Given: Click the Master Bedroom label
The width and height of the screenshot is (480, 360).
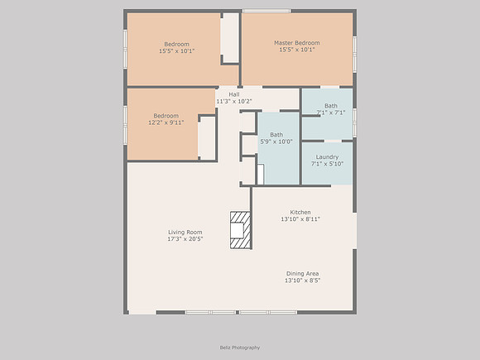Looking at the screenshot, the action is pos(296,43).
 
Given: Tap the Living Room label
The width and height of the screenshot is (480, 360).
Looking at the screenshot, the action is pos(185,232).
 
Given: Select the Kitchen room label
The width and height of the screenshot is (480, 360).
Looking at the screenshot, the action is pos(300,212).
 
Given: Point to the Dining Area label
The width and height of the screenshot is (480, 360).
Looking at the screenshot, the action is pos(302,273).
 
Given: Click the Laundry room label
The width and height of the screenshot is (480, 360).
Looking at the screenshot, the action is pos(327,157).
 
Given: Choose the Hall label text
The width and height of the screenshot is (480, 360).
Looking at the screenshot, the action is pos(234,94).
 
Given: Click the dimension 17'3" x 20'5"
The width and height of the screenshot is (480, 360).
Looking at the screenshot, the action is pos(185,239).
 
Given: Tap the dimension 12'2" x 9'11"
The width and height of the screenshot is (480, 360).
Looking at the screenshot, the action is pos(166,122).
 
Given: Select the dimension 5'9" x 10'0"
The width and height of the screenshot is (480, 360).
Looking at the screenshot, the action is pos(276,142).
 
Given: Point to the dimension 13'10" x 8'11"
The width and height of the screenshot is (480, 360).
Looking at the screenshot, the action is pos(300,218).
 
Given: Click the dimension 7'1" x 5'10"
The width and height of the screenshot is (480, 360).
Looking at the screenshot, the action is pos(327,164).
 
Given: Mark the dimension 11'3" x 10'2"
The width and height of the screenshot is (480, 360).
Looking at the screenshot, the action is pos(234,101).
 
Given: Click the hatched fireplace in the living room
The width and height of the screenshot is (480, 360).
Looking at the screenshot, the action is pos(240,230).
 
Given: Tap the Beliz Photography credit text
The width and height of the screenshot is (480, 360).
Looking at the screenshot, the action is pos(240,348).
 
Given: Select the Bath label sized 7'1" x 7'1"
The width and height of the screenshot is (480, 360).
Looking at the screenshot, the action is pos(331,106).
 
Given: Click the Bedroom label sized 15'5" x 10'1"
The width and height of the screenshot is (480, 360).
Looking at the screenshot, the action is pos(176,44).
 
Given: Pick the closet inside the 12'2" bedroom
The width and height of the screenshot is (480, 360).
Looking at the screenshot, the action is pos(207,137).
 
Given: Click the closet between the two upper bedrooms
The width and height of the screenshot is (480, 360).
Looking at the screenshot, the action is pos(229,37).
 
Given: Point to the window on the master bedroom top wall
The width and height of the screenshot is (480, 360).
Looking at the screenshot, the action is pos(266,11).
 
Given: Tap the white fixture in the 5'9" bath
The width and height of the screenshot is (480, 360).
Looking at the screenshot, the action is pos(261,174).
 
